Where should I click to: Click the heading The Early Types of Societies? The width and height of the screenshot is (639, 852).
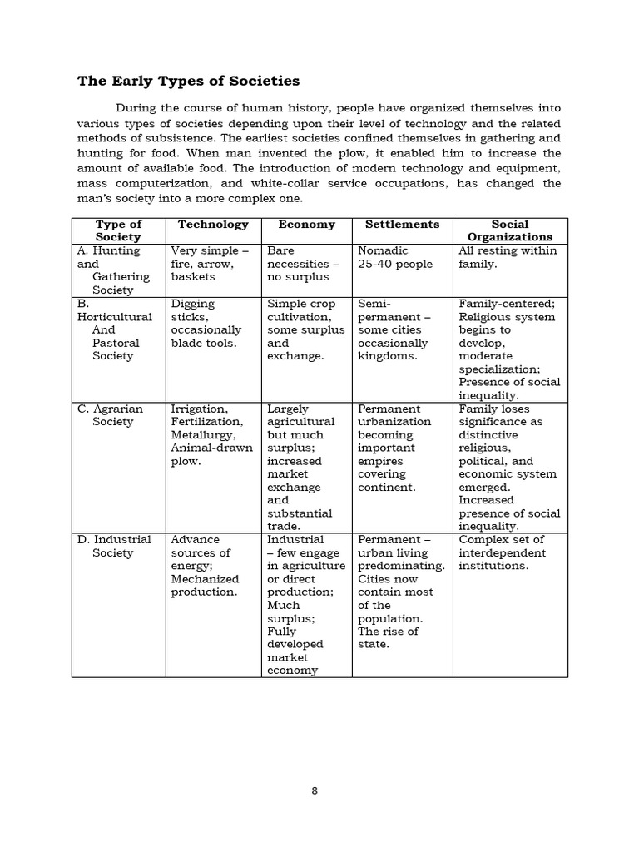188,81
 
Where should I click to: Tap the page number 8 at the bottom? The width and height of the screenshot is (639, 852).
315,791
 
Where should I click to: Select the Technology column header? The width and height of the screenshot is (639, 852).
213,225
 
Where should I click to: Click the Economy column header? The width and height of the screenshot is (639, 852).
307,225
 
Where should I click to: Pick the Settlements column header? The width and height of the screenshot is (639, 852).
402,225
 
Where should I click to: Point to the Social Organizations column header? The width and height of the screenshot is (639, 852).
510,230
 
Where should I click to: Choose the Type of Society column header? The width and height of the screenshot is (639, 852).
118,230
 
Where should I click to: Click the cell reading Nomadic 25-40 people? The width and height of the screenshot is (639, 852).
395,257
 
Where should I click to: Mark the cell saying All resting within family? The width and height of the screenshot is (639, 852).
508,257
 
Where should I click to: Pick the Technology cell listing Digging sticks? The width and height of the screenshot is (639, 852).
204,323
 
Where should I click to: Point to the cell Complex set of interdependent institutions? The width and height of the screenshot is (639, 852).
503,552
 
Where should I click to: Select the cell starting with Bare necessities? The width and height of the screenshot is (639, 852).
298,264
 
